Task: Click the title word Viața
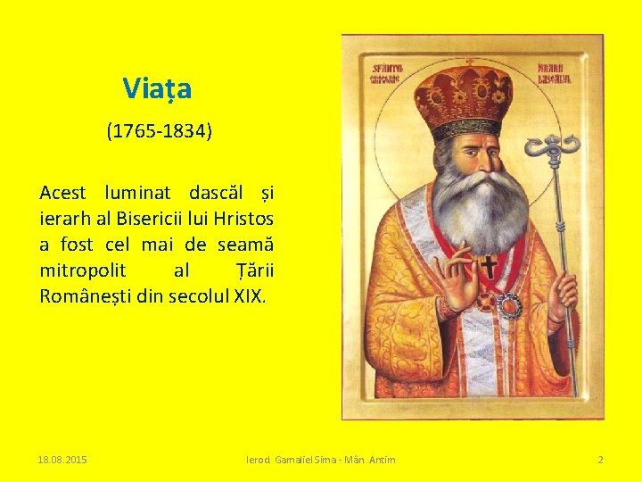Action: click(157, 89)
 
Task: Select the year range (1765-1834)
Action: click(159, 132)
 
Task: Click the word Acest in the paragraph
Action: click(62, 193)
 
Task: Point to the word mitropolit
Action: click(82, 270)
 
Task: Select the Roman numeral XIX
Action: click(249, 296)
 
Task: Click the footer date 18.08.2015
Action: click(62, 460)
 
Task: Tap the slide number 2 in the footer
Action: click(600, 460)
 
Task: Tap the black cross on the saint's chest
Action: click(489, 266)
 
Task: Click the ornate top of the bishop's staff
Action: click(552, 148)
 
